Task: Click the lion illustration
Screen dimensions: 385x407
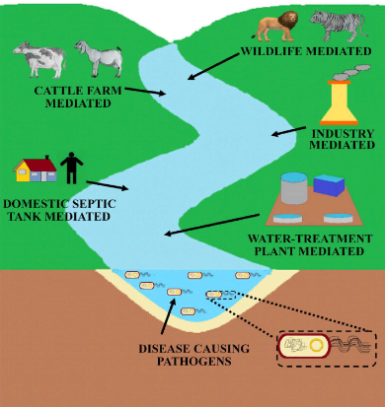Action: tap(276, 26)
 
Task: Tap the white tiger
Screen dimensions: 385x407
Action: tap(338, 26)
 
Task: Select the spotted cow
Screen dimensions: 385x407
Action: tap(39, 59)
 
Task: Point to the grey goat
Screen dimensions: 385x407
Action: tap(98, 58)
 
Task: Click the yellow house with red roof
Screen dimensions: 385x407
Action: tap(35, 169)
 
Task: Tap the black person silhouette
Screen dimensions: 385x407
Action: tap(71, 168)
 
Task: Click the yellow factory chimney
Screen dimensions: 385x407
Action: tap(339, 102)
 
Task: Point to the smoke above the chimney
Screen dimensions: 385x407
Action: tap(351, 72)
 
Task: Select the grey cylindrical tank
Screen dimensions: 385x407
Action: tap(294, 188)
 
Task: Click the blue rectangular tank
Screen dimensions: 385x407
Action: tap(329, 185)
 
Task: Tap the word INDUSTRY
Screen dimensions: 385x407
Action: tap(344, 134)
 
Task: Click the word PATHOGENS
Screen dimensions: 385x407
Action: tap(194, 361)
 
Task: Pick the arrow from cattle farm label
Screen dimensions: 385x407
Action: tap(145, 92)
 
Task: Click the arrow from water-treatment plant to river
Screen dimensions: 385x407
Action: tap(212, 225)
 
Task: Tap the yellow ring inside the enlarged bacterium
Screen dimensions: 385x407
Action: tap(317, 345)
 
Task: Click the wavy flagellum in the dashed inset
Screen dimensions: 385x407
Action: tap(350, 345)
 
